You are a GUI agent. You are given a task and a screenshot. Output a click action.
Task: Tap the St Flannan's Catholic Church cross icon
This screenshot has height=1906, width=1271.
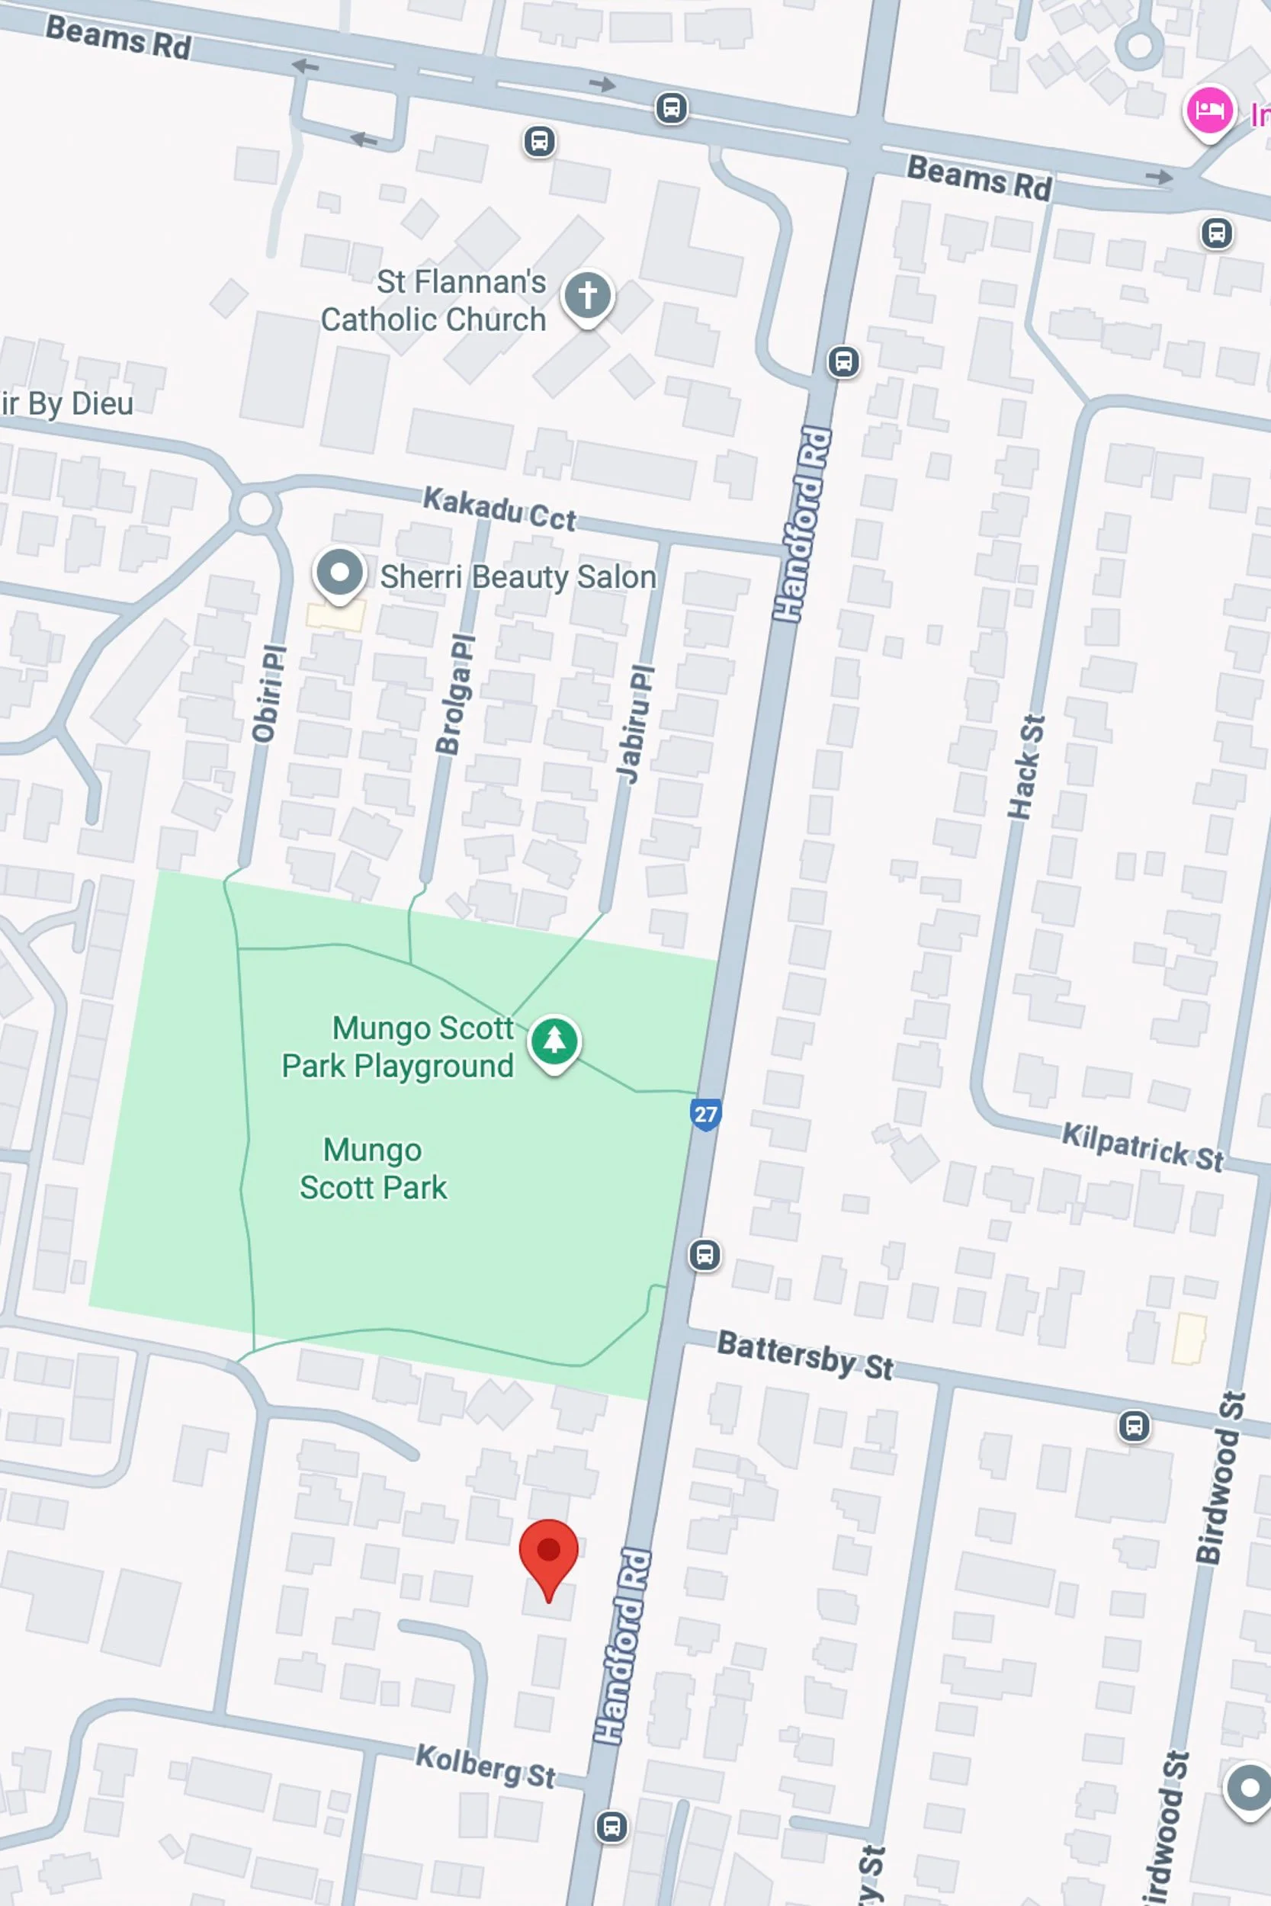[x=587, y=295]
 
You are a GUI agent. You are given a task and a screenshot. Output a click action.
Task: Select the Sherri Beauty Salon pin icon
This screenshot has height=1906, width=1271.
[x=339, y=573]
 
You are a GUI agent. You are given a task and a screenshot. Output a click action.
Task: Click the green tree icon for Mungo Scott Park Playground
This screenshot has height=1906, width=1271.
[x=554, y=1040]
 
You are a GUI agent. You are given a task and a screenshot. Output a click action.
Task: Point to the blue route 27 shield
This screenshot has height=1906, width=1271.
[x=705, y=1115]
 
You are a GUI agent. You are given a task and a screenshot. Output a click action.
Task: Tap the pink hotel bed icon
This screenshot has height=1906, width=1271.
[x=1208, y=111]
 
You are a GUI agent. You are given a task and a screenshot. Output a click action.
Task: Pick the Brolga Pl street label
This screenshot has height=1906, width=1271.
[x=454, y=695]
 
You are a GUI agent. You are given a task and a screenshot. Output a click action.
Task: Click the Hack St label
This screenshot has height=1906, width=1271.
[x=1026, y=767]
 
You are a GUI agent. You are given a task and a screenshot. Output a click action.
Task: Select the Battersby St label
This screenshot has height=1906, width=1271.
[x=805, y=1355]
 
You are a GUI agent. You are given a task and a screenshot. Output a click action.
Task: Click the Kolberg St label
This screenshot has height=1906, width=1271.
[x=485, y=1766]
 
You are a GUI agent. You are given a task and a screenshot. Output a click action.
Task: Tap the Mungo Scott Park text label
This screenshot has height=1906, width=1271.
[x=373, y=1169]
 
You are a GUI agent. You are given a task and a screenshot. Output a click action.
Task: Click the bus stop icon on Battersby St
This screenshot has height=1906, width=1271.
[x=1133, y=1426]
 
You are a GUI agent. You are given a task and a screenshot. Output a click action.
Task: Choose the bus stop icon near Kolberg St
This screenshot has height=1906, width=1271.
[x=611, y=1827]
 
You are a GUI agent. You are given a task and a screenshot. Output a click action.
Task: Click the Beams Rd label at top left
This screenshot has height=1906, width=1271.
[x=118, y=37]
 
